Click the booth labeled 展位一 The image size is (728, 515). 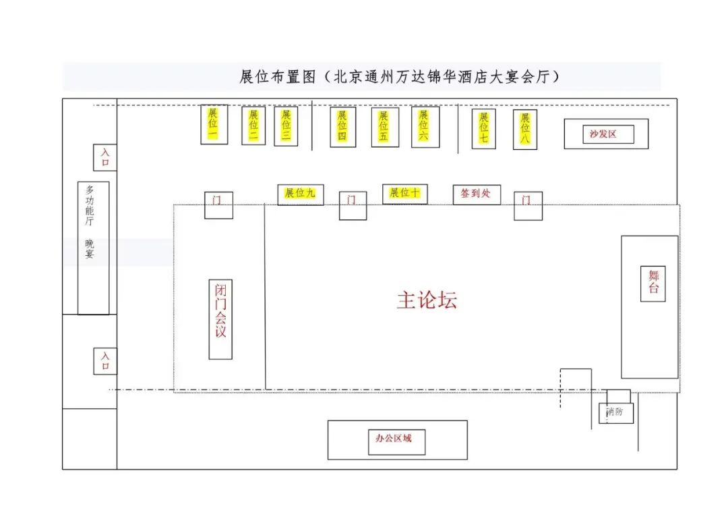[214, 124]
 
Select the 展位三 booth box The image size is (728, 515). [286, 126]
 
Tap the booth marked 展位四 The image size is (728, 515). [342, 126]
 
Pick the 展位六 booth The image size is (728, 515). [425, 126]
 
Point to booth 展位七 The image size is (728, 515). [483, 128]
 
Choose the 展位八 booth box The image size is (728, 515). [524, 129]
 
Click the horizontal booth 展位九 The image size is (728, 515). [300, 194]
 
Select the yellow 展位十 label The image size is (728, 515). [404, 193]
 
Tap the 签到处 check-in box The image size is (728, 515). [476, 194]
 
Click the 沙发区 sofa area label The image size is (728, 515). [603, 134]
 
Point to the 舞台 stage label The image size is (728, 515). [653, 283]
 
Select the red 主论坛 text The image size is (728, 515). [426, 300]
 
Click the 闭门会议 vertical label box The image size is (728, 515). [220, 319]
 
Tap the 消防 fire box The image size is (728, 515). [615, 412]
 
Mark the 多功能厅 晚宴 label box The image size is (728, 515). [92, 248]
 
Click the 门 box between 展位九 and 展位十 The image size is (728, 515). [352, 205]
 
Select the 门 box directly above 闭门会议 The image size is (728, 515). [218, 205]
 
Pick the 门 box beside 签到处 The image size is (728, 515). [528, 205]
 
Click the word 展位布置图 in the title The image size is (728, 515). [278, 77]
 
